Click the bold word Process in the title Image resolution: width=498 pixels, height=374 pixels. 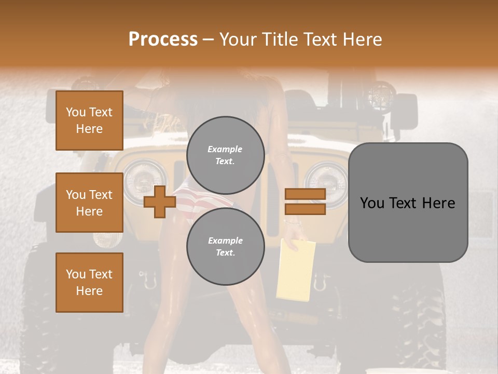pyautogui.click(x=163, y=39)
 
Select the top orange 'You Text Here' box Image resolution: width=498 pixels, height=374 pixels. pyautogui.click(x=89, y=121)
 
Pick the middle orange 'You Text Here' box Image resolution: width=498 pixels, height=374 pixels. pyautogui.click(x=89, y=203)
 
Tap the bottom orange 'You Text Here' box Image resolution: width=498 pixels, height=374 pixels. pyautogui.click(x=89, y=282)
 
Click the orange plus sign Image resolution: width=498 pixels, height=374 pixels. pyautogui.click(x=159, y=202)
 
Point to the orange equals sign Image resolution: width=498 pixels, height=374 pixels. pyautogui.click(x=305, y=202)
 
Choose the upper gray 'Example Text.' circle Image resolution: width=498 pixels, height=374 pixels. pyautogui.click(x=225, y=155)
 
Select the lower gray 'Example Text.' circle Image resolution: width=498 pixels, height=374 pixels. pyautogui.click(x=225, y=247)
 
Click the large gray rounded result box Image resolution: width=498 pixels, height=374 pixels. pyautogui.click(x=408, y=203)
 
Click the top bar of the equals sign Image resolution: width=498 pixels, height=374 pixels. pyautogui.click(x=305, y=194)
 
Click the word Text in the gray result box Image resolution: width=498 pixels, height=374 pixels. pyautogui.click(x=408, y=203)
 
